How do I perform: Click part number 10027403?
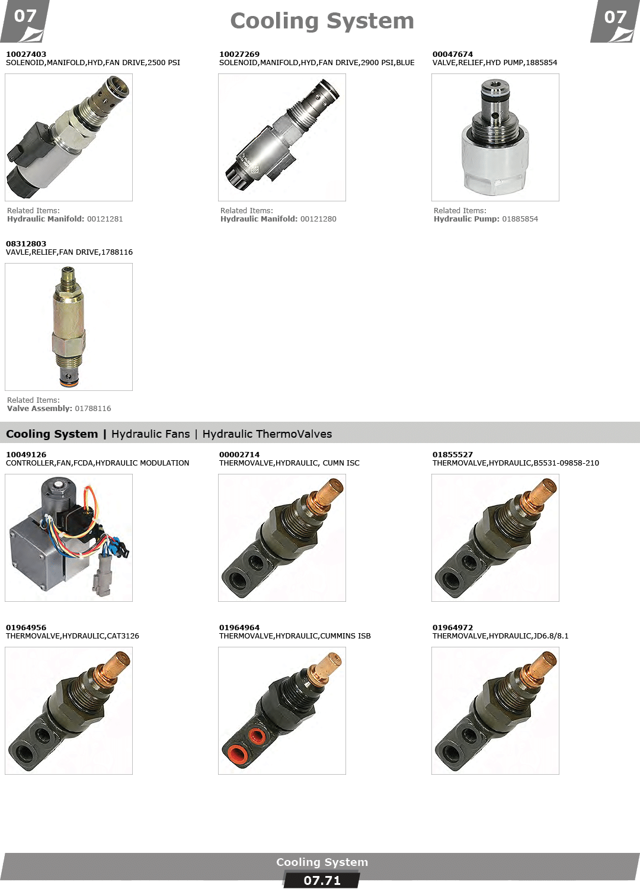26,54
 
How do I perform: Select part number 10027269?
239,54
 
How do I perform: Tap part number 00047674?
453,54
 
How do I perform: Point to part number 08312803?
26,243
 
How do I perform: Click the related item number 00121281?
105,219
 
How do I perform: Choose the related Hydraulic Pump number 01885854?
520,219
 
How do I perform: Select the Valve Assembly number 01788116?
93,409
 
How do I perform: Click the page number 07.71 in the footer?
322,881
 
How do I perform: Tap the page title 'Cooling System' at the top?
322,21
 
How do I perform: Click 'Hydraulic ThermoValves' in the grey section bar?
267,434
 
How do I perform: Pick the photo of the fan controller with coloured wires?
69,538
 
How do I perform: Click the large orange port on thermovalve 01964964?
238,755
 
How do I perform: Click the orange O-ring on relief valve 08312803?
69,384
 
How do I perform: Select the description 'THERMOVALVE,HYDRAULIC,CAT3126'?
72,636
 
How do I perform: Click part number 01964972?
453,628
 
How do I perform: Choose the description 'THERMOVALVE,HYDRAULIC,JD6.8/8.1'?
501,636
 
